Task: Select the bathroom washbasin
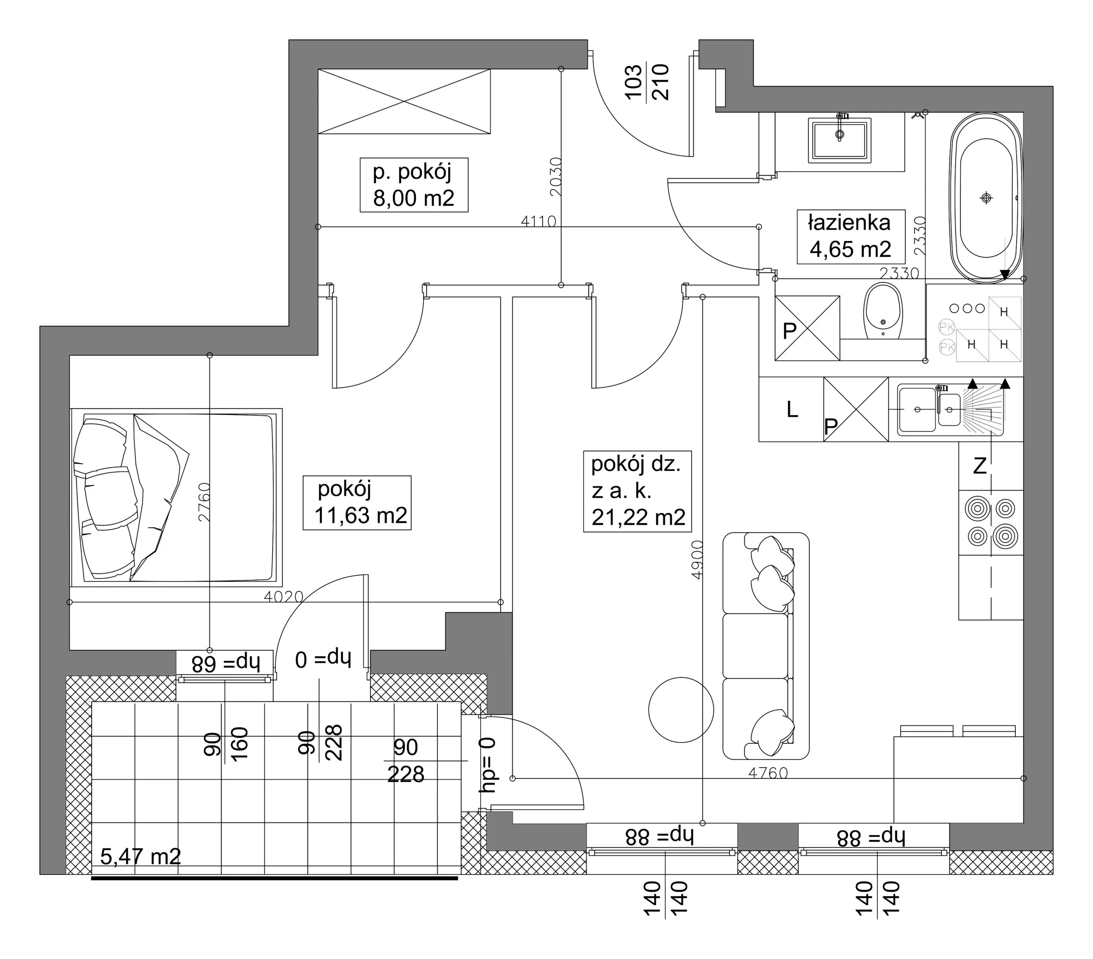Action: coord(840,140)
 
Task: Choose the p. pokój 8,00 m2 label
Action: coord(413,185)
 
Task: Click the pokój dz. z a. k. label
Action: coord(637,491)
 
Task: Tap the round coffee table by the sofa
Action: coord(681,710)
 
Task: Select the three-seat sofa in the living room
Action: coord(766,646)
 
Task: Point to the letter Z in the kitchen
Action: coord(979,467)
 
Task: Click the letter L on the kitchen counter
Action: coord(792,410)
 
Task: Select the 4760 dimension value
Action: coord(768,772)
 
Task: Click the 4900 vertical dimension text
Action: coord(696,560)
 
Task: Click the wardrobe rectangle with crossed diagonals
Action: coord(404,101)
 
